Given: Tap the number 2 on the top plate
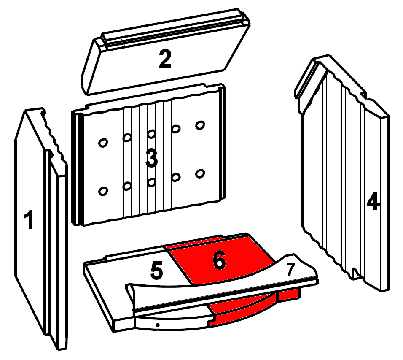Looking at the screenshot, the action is tap(165, 59).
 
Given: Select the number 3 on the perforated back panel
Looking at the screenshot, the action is tap(152, 158).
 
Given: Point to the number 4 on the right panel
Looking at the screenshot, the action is tap(373, 201).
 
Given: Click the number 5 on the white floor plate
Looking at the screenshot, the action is tap(156, 270).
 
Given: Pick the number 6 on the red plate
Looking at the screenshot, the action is tap(220, 260).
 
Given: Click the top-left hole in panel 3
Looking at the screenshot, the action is tap(103, 143).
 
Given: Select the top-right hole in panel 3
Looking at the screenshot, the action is tap(200, 125).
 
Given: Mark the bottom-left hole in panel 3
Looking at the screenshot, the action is tap(103, 191).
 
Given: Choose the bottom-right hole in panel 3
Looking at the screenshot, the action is tap(200, 173).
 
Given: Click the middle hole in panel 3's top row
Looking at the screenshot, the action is tap(152, 134).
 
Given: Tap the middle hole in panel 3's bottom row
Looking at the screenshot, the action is tap(152, 182).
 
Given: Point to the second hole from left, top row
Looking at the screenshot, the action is tap(127, 138).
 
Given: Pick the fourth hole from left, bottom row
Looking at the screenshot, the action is tap(176, 177).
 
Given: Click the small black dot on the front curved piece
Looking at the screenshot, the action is tap(158, 325).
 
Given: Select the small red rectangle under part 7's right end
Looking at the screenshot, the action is tap(288, 295).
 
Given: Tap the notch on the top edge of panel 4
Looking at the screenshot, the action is tap(363, 95).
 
